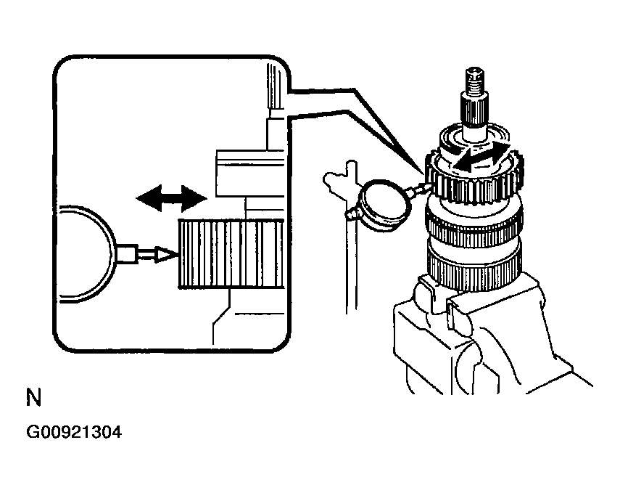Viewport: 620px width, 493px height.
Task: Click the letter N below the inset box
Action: (33, 398)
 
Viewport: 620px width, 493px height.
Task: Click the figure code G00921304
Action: (74, 433)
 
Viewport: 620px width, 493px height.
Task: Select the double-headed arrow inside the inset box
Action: (171, 197)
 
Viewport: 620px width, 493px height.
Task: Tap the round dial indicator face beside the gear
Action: (384, 205)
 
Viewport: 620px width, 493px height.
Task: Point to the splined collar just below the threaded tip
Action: (476, 111)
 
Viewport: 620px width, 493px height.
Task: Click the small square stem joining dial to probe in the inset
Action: (128, 254)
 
